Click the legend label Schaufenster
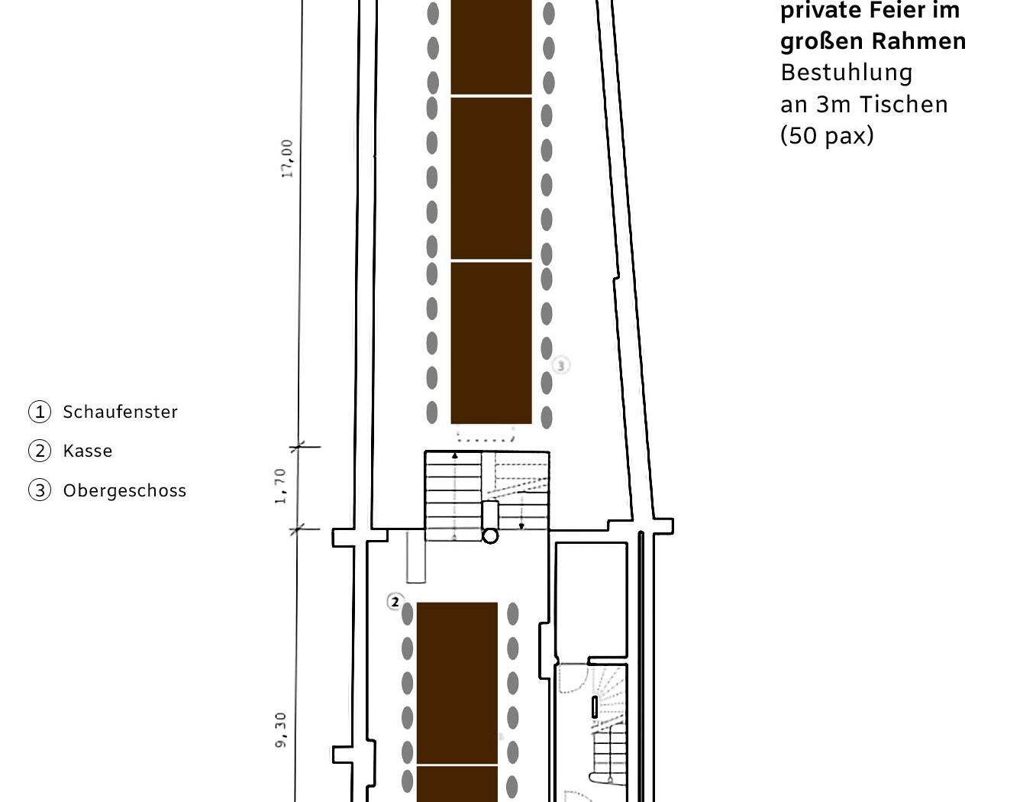[x=120, y=412]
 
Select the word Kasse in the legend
[x=88, y=451]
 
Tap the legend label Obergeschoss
[x=124, y=490]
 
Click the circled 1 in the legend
[x=40, y=412]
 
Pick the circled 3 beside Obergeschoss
[x=40, y=490]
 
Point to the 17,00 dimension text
[x=287, y=159]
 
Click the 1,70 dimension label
[x=280, y=487]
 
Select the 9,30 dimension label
[x=281, y=730]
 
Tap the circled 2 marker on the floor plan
[x=395, y=602]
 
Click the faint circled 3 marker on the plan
[x=561, y=366]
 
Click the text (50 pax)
[x=827, y=136]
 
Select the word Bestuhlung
[x=847, y=73]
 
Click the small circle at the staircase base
[x=490, y=536]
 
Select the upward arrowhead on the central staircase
[x=455, y=456]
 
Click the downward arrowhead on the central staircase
[x=521, y=526]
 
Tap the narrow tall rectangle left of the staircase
[x=416, y=557]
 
